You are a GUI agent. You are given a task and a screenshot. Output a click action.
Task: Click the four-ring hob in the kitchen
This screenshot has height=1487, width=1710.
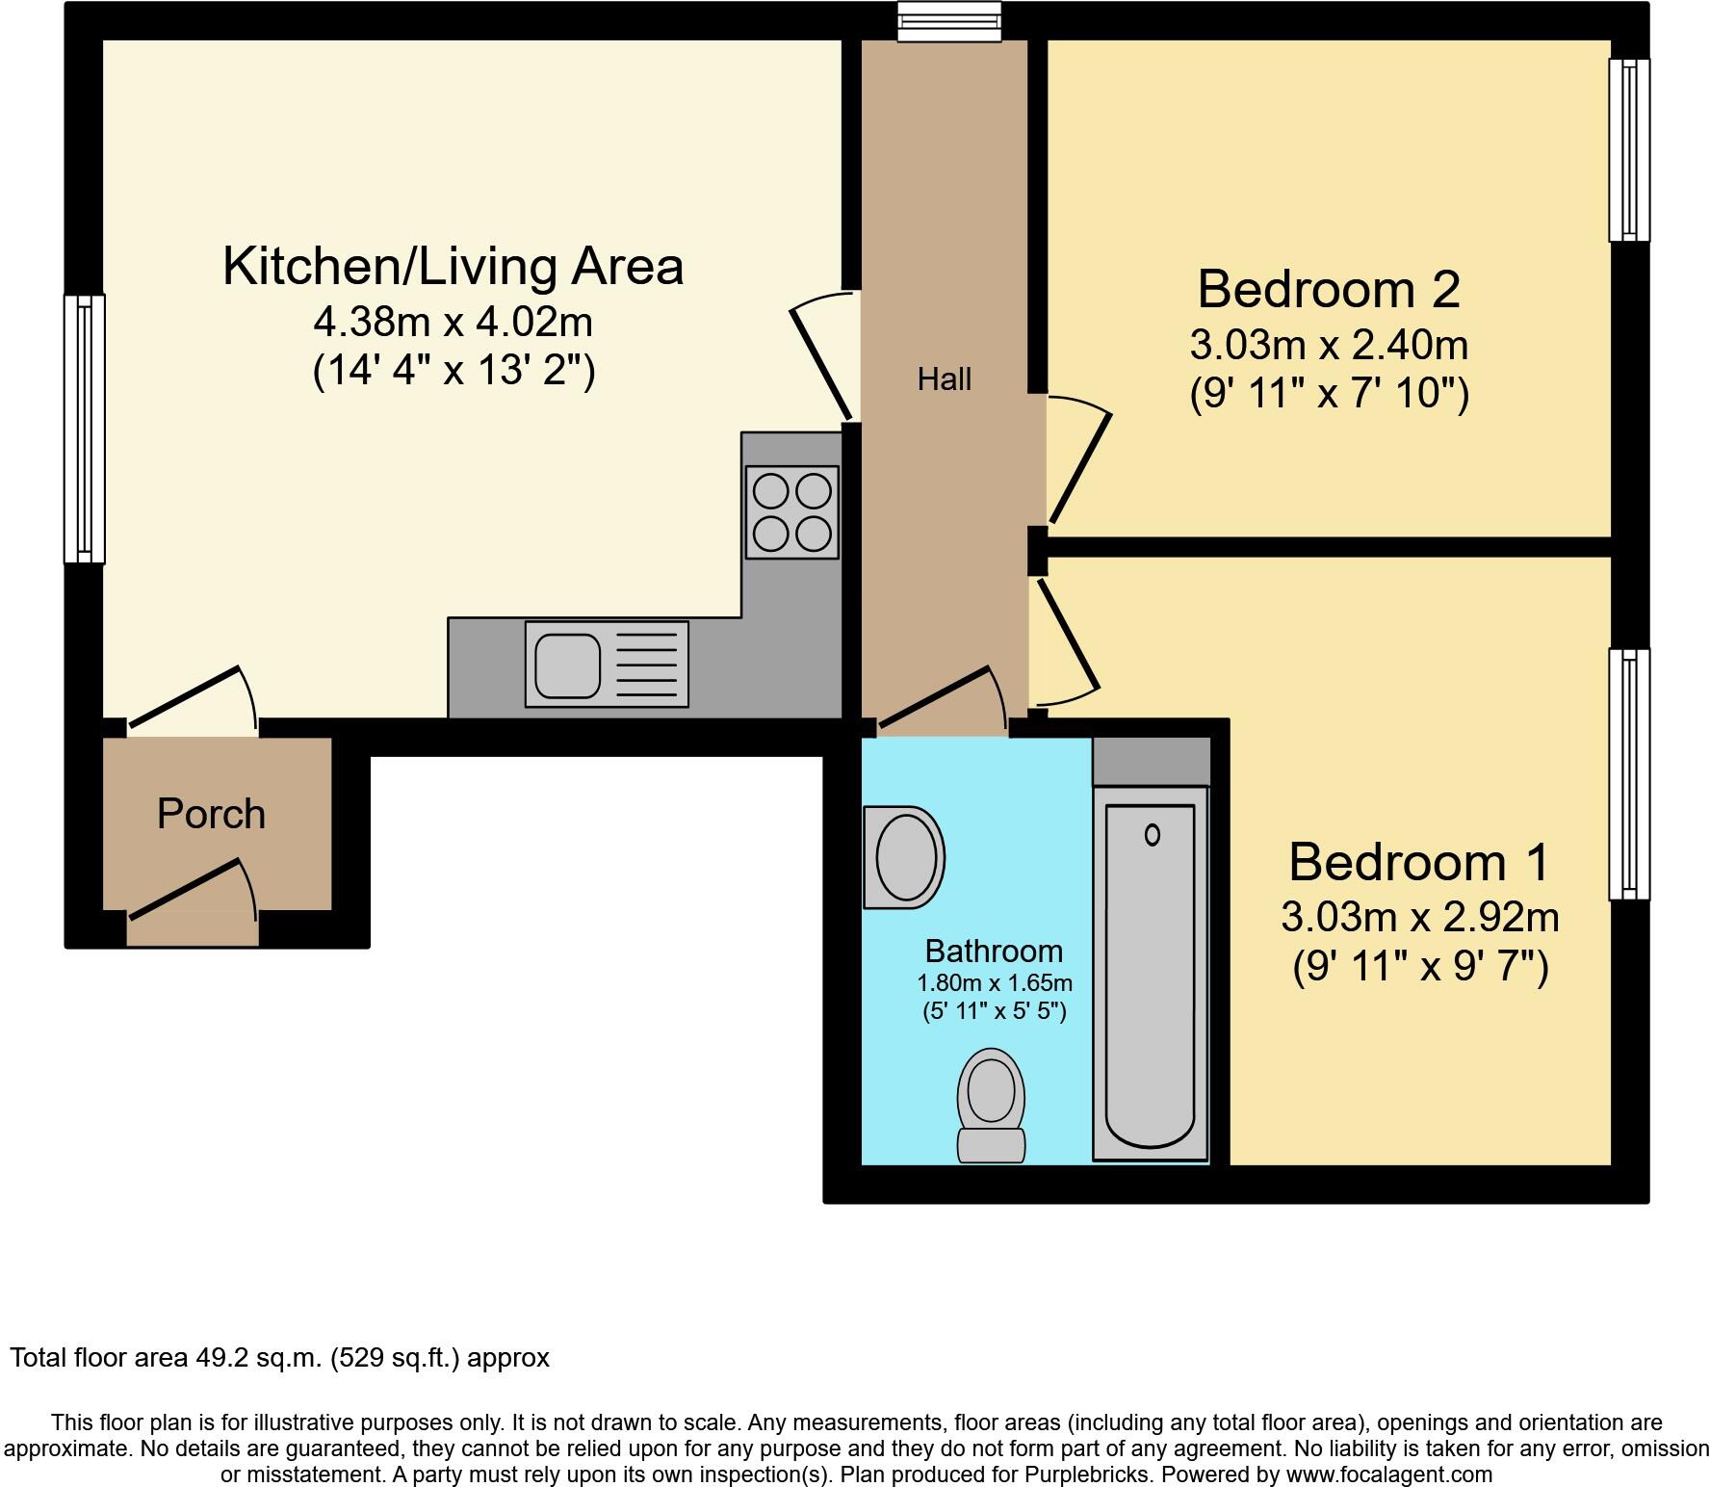click(x=791, y=511)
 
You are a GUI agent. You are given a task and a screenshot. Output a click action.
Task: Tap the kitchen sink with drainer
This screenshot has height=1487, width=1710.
click(x=607, y=664)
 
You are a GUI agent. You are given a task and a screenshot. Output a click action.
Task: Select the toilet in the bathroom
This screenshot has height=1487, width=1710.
click(x=990, y=1106)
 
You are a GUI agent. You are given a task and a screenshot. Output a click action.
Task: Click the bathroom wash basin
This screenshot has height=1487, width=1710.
click(x=904, y=857)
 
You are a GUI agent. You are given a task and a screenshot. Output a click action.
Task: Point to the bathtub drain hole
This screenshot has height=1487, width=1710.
click(x=1152, y=835)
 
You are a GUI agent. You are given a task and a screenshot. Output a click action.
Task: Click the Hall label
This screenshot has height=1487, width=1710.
click(x=944, y=379)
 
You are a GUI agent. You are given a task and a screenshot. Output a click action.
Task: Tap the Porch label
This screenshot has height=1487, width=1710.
click(x=211, y=814)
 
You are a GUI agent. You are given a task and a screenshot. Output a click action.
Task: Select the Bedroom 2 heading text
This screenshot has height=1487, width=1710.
click(x=1329, y=289)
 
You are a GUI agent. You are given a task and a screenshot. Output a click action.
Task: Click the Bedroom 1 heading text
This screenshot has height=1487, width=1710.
click(x=1419, y=862)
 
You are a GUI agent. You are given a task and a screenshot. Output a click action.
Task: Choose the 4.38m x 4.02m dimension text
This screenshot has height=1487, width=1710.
click(x=453, y=322)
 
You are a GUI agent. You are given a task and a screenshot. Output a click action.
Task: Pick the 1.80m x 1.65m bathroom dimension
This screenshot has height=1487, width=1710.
click(x=994, y=983)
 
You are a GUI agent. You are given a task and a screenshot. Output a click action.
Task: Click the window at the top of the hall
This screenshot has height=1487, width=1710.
click(x=949, y=22)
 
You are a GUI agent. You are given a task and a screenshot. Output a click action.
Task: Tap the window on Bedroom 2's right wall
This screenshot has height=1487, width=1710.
click(x=1629, y=149)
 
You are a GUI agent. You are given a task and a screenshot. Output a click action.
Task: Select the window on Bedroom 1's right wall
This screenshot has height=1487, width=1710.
click(x=1629, y=774)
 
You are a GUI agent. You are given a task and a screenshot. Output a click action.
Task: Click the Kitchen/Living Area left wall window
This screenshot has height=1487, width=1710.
click(x=85, y=429)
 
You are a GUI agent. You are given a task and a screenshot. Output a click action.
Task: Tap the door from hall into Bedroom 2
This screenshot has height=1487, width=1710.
click(x=1078, y=462)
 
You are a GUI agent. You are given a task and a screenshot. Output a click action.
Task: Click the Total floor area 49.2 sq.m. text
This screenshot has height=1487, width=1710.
click(x=279, y=1358)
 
